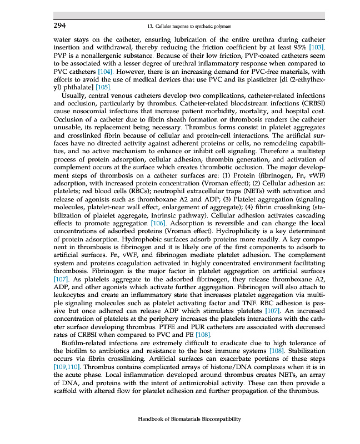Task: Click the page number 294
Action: click(x=60, y=26)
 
